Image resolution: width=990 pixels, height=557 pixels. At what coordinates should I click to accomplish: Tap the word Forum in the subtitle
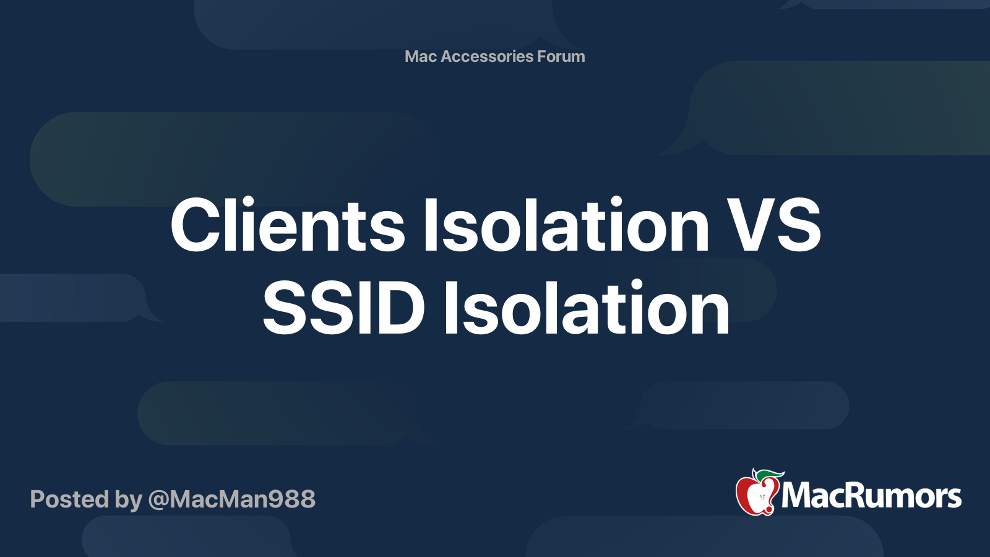[x=561, y=56]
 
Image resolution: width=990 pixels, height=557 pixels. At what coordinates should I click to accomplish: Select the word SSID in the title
[x=344, y=308]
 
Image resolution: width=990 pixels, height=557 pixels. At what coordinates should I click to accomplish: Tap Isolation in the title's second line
[x=587, y=308]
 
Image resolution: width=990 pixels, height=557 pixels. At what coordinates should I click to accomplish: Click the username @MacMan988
[x=231, y=499]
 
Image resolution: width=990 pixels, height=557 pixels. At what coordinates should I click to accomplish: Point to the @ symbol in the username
[x=158, y=500]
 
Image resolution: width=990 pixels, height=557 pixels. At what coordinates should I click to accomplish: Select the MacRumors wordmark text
[x=871, y=496]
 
